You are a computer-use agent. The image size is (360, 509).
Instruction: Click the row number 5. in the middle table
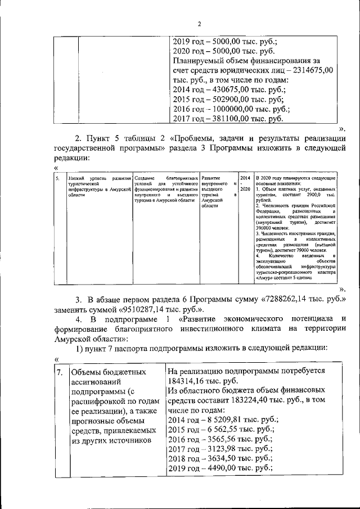[57, 178]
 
